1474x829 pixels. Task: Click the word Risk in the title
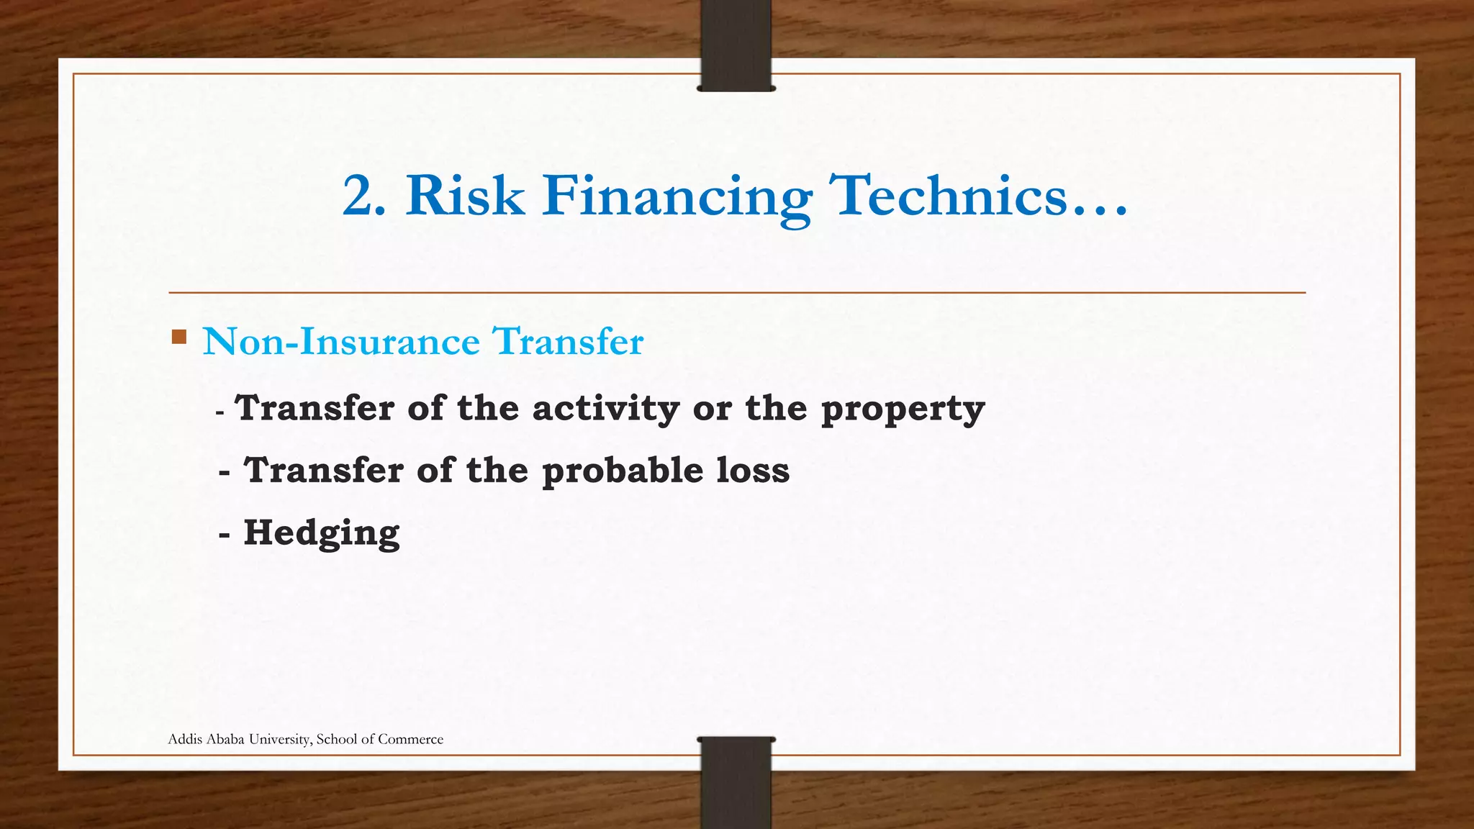coord(465,196)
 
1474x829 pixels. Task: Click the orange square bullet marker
coord(179,336)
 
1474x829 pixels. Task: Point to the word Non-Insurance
coord(341,341)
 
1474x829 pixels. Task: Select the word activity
coord(605,408)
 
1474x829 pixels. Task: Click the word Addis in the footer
coord(185,739)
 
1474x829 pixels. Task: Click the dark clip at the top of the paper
coord(736,45)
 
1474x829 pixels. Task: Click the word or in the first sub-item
coord(712,408)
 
